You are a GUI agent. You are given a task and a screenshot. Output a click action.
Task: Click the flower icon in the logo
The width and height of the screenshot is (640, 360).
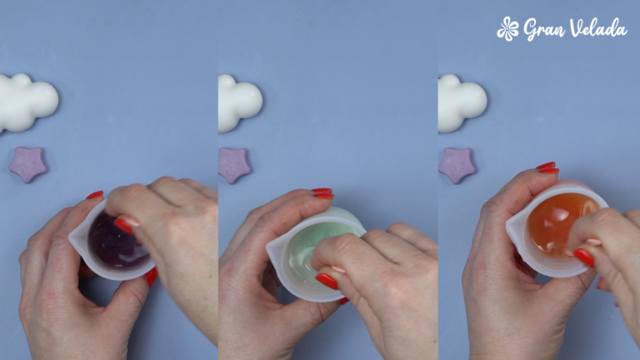[507, 29]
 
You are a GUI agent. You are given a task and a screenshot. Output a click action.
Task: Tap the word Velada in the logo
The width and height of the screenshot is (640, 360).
[598, 27]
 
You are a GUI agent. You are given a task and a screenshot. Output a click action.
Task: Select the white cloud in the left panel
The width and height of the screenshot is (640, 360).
[27, 102]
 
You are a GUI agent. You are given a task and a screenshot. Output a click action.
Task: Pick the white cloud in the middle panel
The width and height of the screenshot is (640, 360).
[240, 103]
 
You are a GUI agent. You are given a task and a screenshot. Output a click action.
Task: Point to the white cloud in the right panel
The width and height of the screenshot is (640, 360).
[462, 103]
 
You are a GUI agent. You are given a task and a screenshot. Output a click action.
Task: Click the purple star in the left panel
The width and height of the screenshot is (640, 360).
[28, 164]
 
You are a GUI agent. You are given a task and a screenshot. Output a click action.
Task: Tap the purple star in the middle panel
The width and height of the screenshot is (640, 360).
[234, 165]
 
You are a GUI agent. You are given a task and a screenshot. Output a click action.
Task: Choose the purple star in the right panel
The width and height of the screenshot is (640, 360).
[457, 165]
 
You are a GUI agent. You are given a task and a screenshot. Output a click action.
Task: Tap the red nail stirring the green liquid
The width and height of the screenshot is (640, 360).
[327, 281]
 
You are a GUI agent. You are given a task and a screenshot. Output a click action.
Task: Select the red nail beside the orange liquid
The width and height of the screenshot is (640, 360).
[584, 258]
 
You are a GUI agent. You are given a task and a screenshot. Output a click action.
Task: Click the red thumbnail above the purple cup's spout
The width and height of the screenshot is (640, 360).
[95, 195]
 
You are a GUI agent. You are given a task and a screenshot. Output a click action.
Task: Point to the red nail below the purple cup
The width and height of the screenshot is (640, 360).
[151, 277]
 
